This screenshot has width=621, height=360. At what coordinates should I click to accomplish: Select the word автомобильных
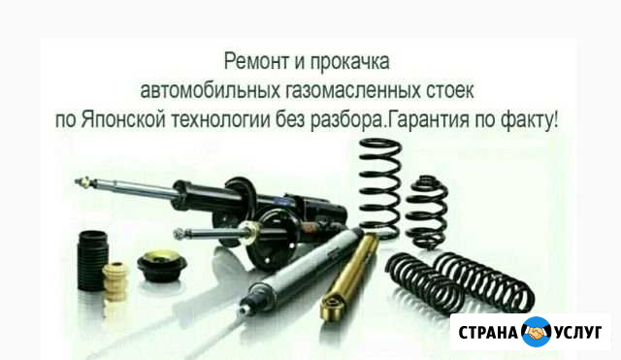(x=211, y=90)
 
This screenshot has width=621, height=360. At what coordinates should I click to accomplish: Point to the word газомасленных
(x=353, y=90)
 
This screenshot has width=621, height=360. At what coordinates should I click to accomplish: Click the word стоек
(x=450, y=90)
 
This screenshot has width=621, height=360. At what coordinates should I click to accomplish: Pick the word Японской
(x=123, y=119)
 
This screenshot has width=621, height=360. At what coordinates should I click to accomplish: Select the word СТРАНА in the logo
(x=488, y=332)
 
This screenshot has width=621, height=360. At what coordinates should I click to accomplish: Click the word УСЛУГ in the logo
(x=578, y=332)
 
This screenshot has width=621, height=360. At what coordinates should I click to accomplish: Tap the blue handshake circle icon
(x=537, y=332)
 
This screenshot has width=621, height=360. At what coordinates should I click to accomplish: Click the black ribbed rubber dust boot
(x=93, y=261)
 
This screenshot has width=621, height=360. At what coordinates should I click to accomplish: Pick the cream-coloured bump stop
(x=114, y=281)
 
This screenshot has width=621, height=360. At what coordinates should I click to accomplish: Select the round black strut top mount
(x=162, y=266)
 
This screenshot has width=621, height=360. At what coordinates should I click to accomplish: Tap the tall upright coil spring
(x=379, y=188)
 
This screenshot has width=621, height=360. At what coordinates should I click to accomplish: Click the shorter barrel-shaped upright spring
(x=427, y=212)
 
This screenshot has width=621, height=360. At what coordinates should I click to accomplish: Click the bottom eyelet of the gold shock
(x=331, y=304)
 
